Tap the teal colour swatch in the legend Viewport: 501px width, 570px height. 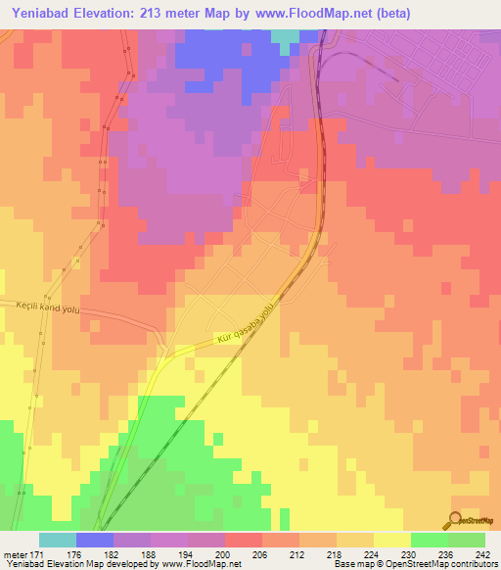(x=58, y=540)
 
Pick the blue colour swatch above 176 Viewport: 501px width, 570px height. (x=95, y=540)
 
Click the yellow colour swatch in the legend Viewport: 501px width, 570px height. (x=392, y=540)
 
